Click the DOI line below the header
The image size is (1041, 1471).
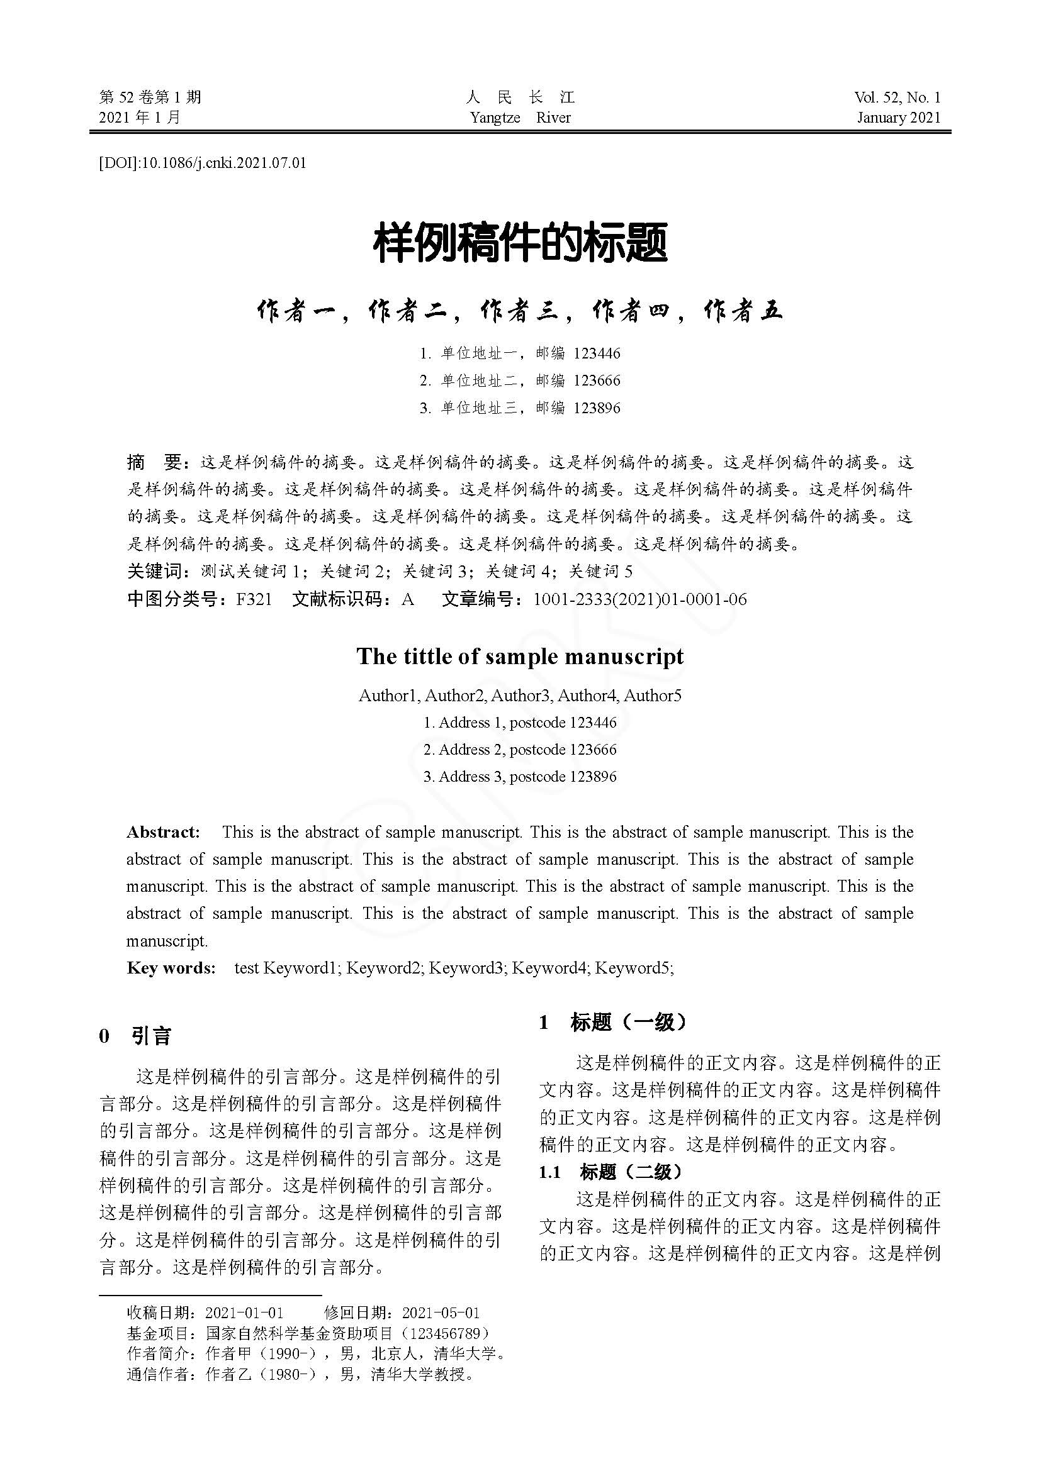click(203, 164)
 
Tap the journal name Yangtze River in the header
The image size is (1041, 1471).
click(519, 118)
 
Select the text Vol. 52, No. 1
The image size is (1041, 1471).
click(897, 97)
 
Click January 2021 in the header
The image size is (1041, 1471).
click(899, 118)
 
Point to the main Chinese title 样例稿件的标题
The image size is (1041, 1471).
click(520, 243)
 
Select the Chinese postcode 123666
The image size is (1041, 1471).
click(597, 380)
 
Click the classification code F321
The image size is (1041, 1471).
click(254, 599)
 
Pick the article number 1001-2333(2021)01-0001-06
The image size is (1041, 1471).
click(639, 599)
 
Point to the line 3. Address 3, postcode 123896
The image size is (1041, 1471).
click(520, 777)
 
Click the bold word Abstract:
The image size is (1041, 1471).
click(164, 832)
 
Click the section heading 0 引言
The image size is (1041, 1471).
click(135, 1036)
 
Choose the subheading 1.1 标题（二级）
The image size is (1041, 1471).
click(611, 1172)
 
